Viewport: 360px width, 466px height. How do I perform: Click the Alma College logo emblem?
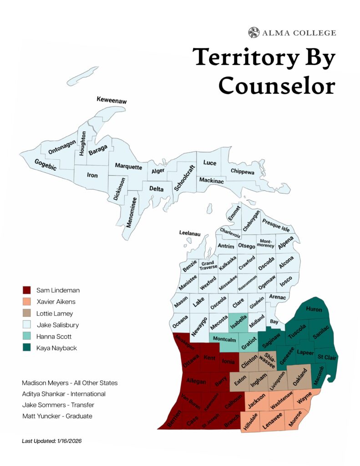254,33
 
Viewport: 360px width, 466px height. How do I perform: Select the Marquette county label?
128,167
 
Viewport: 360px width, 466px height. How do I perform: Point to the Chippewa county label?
243,171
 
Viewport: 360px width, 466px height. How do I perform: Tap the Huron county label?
314,309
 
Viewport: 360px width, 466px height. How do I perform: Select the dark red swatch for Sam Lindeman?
27,290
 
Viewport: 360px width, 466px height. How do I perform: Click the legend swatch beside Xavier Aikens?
27,302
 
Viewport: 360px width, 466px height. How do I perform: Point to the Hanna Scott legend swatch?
27,337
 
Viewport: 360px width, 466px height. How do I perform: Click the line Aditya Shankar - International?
64,394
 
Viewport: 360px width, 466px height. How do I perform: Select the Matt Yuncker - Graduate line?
57,416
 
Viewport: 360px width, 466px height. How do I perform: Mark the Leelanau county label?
190,233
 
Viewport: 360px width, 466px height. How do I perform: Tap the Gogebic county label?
46,165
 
